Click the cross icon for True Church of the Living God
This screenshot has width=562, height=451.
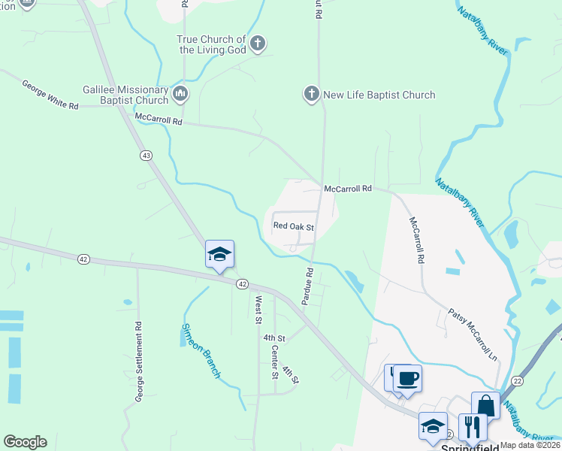(257, 43)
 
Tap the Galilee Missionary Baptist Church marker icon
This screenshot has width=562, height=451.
(180, 94)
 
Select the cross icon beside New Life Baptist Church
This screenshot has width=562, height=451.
(311, 94)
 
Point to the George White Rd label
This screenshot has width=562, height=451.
(50, 95)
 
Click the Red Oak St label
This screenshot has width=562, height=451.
(293, 225)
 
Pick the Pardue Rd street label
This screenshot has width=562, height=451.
(307, 286)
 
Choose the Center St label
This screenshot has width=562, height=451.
(273, 357)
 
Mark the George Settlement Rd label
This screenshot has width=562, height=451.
(138, 361)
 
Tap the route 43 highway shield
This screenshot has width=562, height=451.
(146, 155)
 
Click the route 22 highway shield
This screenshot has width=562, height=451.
(518, 381)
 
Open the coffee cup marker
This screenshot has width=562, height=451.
(407, 377)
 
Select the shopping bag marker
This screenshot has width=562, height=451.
(485, 405)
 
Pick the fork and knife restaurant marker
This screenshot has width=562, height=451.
(473, 426)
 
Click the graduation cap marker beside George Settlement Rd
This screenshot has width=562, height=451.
(220, 254)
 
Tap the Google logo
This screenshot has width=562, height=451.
(25, 442)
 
